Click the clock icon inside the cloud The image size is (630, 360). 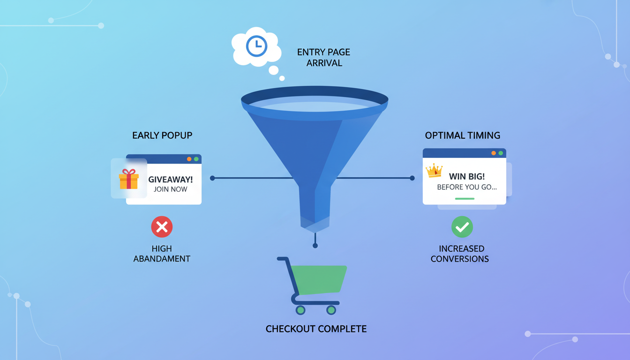point(256,46)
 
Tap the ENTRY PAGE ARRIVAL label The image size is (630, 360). point(324,57)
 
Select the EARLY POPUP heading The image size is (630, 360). point(162,135)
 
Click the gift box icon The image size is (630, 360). point(128,179)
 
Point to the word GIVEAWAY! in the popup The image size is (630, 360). point(171,180)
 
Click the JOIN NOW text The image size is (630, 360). point(171,189)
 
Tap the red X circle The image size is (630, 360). point(162,227)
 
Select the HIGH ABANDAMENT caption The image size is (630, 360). point(162,254)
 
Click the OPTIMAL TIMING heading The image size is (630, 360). point(463,135)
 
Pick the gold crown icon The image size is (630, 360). point(435,171)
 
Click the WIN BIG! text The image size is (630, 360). point(467,177)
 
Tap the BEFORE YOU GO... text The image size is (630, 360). point(467,187)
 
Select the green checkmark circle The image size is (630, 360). point(462,227)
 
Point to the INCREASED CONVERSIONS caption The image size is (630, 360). point(460,254)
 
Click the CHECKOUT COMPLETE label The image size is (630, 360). point(316,329)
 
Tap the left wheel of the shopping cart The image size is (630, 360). point(300,310)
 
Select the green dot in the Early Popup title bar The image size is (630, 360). point(196,159)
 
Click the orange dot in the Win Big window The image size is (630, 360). point(494,153)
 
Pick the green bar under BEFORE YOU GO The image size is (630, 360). point(465,198)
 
